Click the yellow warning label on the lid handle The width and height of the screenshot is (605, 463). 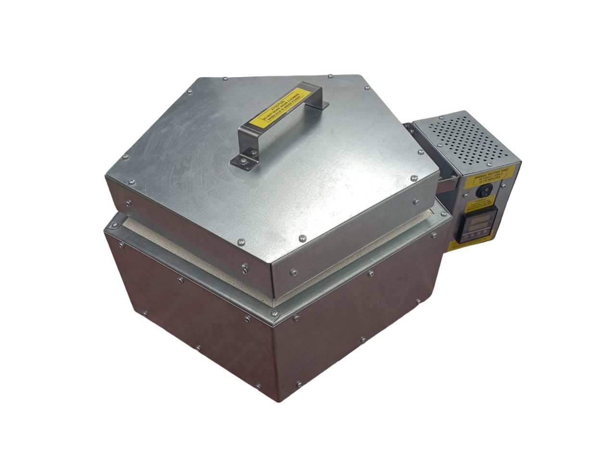click(275, 107)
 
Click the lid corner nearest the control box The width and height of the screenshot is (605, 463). click(439, 168)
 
